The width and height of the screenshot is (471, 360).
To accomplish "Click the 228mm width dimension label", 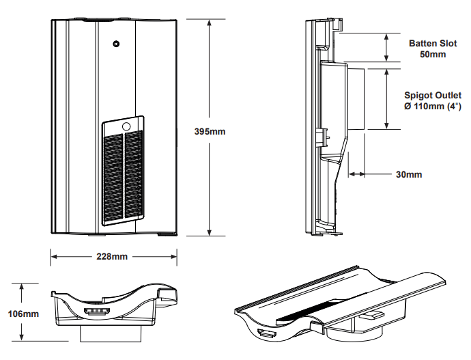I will [113, 256].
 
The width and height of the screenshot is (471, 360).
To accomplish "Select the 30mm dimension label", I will [408, 174].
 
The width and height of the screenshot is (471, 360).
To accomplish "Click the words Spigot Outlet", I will [432, 96].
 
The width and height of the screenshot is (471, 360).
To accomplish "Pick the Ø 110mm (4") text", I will [433, 107].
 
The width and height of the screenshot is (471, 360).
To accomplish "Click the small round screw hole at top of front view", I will [116, 44].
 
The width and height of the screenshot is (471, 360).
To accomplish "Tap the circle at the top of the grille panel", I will [126, 126].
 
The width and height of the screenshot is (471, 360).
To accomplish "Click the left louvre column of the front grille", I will [113, 175].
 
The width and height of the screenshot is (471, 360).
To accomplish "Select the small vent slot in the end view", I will [96, 311].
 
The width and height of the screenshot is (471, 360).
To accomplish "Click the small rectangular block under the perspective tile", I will [373, 315].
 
